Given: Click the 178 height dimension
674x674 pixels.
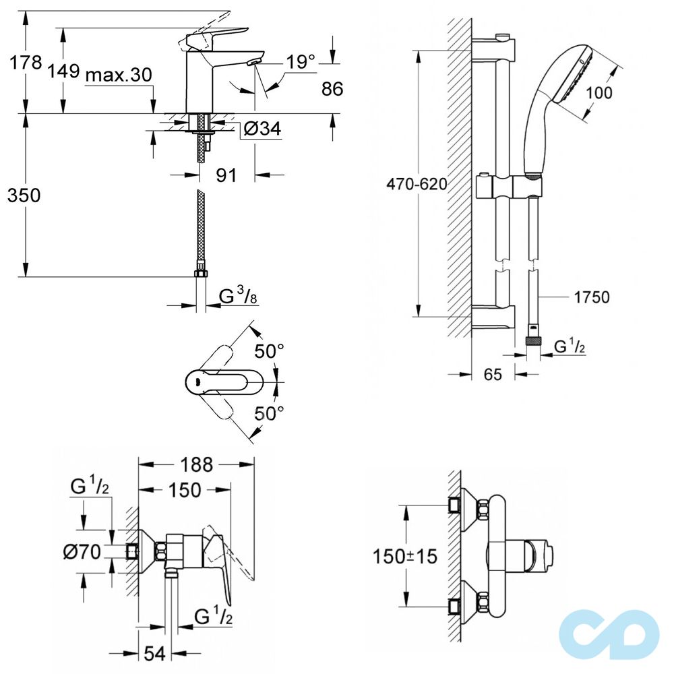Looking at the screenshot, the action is click(26, 62).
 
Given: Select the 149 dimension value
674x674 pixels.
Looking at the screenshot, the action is click(63, 71).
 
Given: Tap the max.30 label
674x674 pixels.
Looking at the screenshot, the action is click(119, 75).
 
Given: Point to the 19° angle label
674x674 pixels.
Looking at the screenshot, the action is click(301, 62).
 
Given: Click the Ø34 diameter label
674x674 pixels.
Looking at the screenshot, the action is click(262, 128).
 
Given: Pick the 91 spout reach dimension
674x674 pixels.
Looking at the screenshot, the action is click(226, 175).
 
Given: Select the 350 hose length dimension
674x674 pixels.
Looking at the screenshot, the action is click(24, 195).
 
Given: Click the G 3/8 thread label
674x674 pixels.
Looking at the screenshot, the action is click(238, 296).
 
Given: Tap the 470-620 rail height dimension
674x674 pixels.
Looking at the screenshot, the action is click(417, 184).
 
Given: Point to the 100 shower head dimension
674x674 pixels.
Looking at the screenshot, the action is click(599, 92).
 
